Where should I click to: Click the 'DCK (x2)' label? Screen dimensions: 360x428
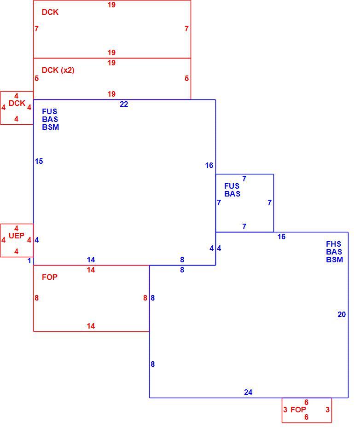pyautogui.click(x=58, y=70)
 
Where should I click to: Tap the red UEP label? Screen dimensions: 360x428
pyautogui.click(x=17, y=236)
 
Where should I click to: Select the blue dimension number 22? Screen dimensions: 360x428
pyautogui.click(x=124, y=104)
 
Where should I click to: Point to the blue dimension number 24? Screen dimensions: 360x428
pyautogui.click(x=248, y=392)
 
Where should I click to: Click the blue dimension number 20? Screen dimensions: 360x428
pyautogui.click(x=342, y=314)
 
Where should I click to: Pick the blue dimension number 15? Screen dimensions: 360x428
pyautogui.click(x=39, y=161)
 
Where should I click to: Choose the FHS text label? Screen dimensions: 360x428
pyautogui.click(x=333, y=244)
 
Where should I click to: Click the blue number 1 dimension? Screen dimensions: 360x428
pyautogui.click(x=29, y=260)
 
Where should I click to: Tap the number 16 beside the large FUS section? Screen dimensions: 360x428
pyautogui.click(x=209, y=165)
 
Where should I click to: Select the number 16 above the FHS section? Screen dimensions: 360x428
pyautogui.click(x=281, y=237)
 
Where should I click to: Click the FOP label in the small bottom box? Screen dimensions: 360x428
pyautogui.click(x=298, y=410)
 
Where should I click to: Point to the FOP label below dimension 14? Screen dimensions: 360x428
pyautogui.click(x=49, y=277)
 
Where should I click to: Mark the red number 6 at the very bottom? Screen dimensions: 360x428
pyautogui.click(x=306, y=417)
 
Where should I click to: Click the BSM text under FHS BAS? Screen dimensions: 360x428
pyautogui.click(x=334, y=260)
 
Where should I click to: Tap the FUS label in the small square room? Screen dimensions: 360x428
pyautogui.click(x=232, y=186)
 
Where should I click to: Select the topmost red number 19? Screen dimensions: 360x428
pyautogui.click(x=111, y=5)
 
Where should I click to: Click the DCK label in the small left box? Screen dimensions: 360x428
pyautogui.click(x=17, y=103)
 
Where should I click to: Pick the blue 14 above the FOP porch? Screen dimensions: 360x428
pyautogui.click(x=91, y=260)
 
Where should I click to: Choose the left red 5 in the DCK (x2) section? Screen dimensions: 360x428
pyautogui.click(x=37, y=78)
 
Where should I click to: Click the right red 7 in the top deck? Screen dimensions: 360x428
pyautogui.click(x=186, y=29)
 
